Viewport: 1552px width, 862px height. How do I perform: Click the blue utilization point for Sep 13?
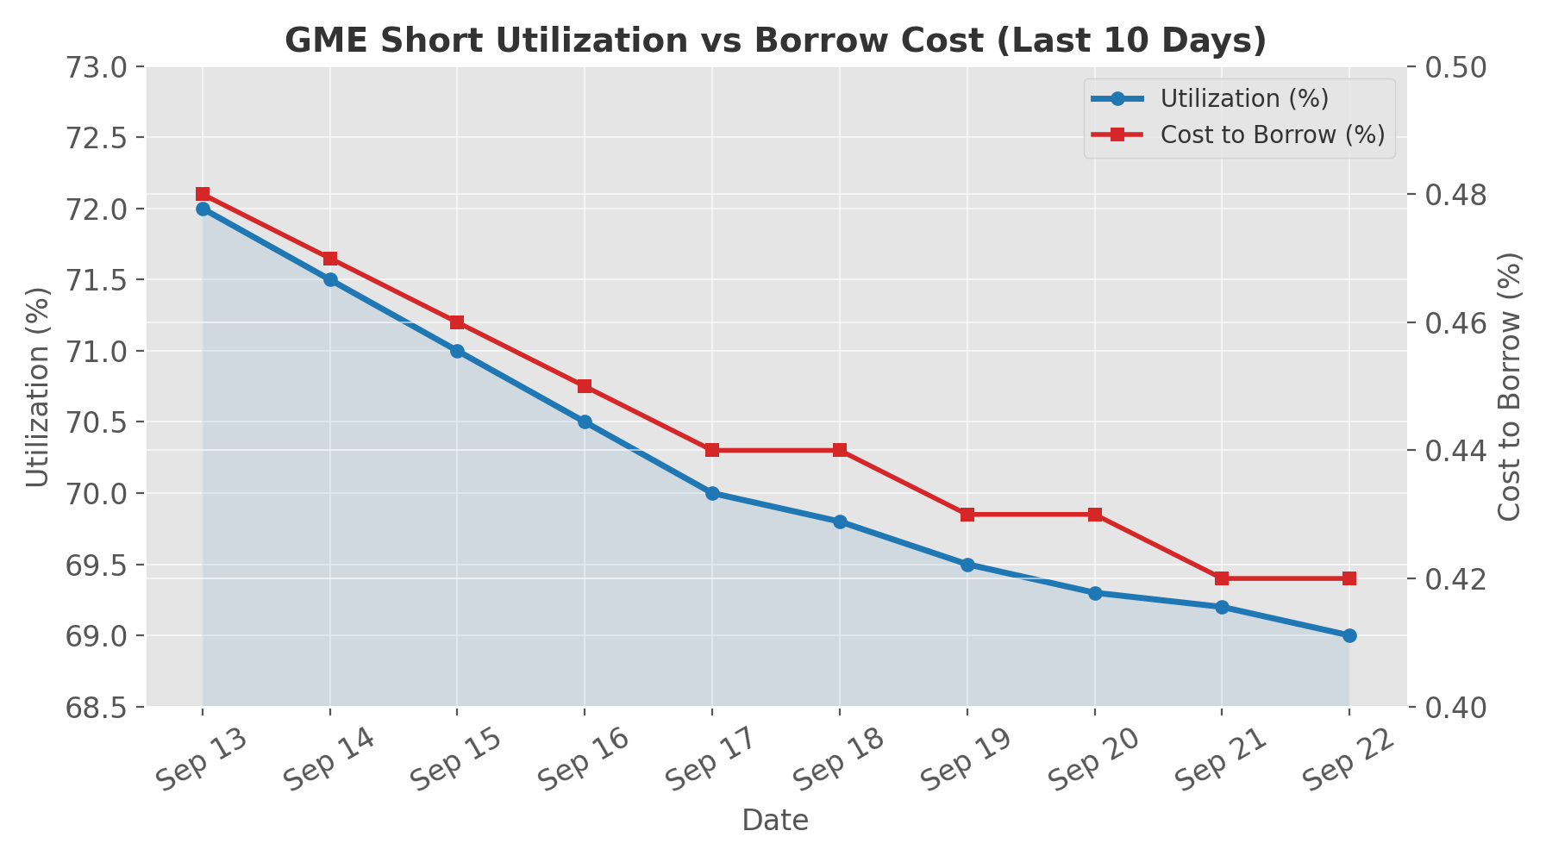pos(203,209)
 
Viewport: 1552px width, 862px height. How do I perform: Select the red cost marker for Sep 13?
pos(203,194)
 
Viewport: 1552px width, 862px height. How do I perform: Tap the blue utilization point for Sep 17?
pos(712,493)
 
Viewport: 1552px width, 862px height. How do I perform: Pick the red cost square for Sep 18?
pos(840,450)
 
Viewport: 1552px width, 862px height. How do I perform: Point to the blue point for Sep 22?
pos(1349,635)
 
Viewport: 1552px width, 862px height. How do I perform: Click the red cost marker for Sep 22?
pos(1349,578)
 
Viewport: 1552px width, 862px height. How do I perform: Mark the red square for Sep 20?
pos(1095,515)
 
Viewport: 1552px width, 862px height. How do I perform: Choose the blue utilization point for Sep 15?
pos(457,351)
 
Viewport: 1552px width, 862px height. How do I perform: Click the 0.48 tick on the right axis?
pos(1458,195)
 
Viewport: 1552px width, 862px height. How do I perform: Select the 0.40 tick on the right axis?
pos(1458,708)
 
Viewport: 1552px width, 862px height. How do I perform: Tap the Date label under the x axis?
pos(775,821)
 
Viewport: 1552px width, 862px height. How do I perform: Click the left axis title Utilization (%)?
pos(38,387)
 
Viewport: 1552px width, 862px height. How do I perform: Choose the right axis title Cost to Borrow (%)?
pos(1510,387)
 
